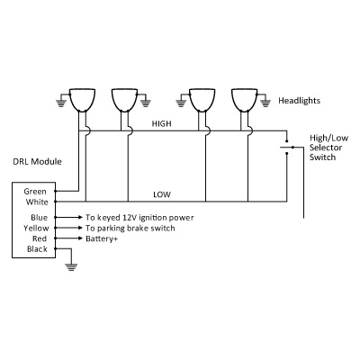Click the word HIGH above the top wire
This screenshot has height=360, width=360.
tap(162, 123)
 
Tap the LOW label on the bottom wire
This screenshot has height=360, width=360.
tap(162, 194)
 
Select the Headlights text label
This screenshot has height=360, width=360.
tap(299, 101)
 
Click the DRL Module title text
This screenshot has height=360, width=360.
tap(37, 161)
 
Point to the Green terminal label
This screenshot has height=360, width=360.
tap(35, 192)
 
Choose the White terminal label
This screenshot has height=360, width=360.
tap(37, 202)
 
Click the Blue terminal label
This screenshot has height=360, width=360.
tap(39, 217)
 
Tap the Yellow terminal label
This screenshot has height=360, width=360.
tap(36, 228)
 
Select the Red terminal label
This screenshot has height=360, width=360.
tap(40, 238)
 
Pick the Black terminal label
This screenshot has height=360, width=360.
tap(37, 249)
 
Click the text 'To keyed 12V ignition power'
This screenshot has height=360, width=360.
tap(139, 218)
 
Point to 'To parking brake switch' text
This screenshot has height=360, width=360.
tap(130, 228)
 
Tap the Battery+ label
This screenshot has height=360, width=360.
tap(102, 238)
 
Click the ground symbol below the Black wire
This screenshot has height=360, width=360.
tap(71, 267)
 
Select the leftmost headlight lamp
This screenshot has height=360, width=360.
tap(83, 100)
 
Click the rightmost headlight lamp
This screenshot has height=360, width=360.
tap(245, 100)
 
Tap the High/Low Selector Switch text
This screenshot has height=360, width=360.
tap(329, 148)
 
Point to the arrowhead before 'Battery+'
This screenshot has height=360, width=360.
tap(80, 238)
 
